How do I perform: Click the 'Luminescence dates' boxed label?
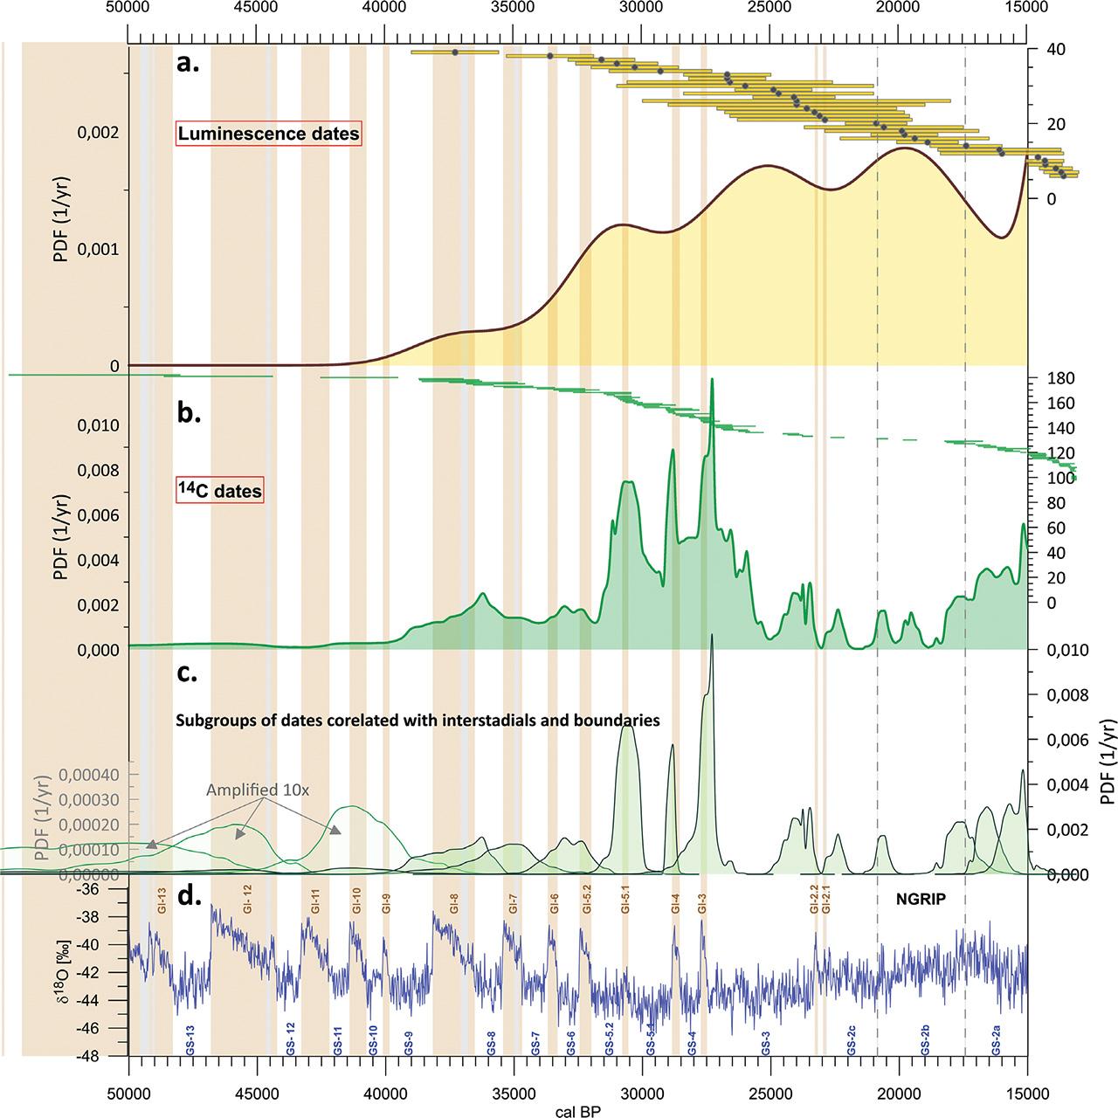268,135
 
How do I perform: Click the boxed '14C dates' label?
219,492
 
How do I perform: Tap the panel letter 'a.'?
189,62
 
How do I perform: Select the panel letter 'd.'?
190,898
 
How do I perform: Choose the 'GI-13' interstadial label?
162,901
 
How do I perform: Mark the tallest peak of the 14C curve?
713,380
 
